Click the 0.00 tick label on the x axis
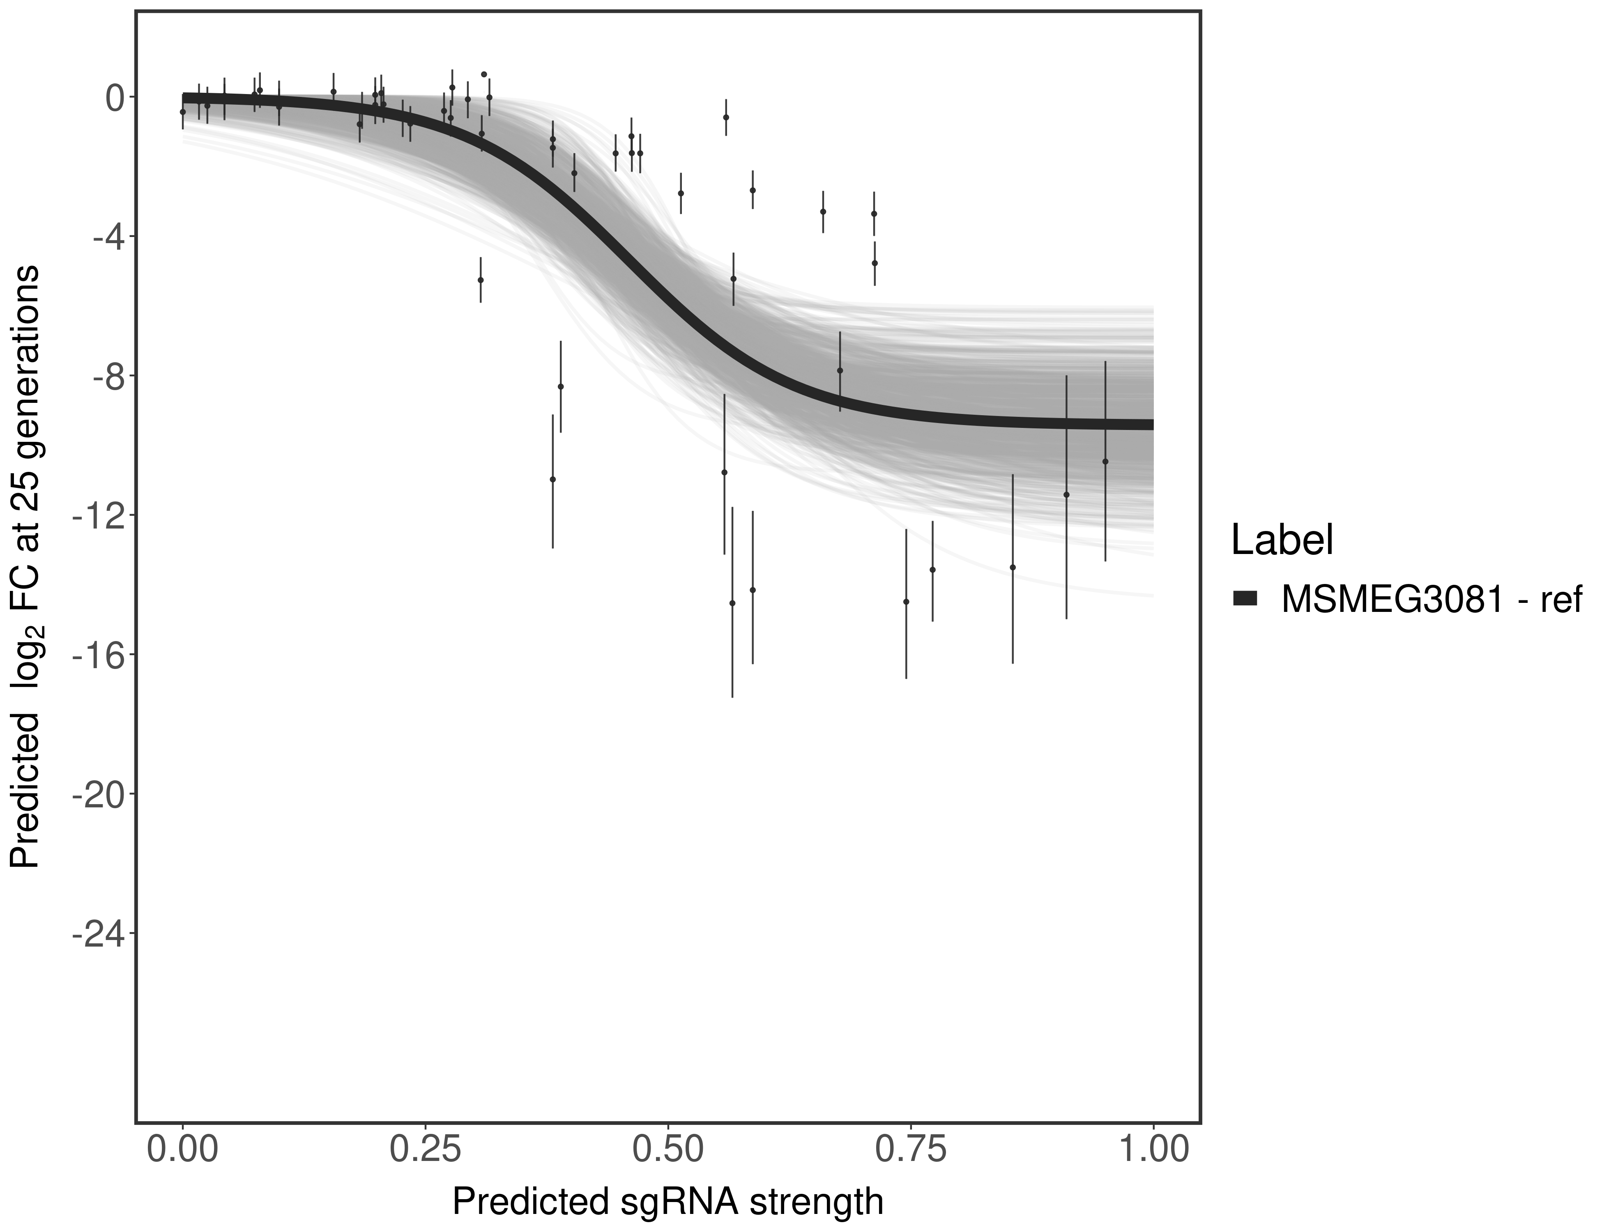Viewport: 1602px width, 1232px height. (x=183, y=1149)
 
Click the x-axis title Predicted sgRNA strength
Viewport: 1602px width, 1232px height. (x=667, y=1203)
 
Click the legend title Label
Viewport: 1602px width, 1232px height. (x=1282, y=540)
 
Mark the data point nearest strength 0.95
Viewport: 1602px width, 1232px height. (x=1105, y=461)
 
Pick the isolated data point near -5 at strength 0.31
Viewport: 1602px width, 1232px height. (x=481, y=279)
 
